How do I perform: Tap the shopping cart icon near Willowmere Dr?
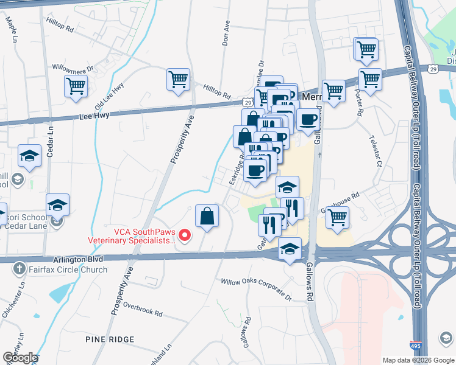point(76,86)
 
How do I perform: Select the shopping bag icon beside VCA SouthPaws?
point(207,216)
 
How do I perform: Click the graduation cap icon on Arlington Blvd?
point(290,249)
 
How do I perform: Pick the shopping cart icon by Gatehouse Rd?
point(337,217)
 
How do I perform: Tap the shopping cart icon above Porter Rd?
point(370,79)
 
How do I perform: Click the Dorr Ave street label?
point(225,35)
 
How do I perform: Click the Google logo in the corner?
point(20,357)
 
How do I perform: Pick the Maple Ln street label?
point(11,29)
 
